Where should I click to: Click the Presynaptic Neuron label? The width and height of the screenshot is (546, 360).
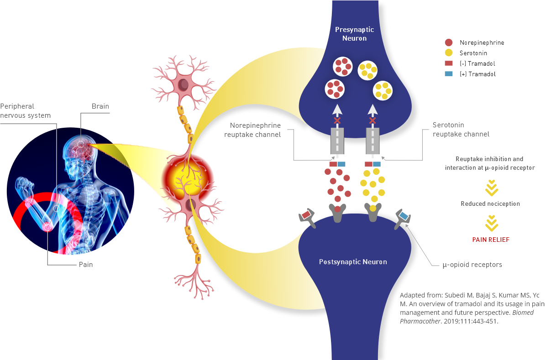(354, 34)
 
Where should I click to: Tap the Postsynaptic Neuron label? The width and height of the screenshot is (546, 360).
(353, 262)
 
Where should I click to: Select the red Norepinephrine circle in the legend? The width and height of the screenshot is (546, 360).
(449, 42)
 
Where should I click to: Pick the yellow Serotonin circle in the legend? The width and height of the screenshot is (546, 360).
(449, 53)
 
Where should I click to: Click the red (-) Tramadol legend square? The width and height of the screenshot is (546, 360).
(449, 63)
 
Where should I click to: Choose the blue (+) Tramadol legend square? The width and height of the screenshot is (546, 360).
(449, 74)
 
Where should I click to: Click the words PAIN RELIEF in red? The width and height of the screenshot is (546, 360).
(491, 240)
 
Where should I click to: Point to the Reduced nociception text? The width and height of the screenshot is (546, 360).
(490, 203)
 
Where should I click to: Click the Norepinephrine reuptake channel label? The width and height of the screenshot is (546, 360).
(255, 130)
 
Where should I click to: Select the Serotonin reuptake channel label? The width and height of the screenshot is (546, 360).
(461, 130)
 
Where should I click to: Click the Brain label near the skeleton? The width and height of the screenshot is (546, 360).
(100, 106)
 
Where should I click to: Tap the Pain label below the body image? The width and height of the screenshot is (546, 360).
(86, 264)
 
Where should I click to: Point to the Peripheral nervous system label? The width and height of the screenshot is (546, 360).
(25, 111)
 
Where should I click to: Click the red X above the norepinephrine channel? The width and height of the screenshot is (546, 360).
(337, 120)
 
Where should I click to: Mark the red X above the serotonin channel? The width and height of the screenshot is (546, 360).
(373, 120)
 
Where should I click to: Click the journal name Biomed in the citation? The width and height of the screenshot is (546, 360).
(523, 313)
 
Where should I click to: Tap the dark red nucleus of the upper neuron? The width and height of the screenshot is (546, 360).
(184, 83)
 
